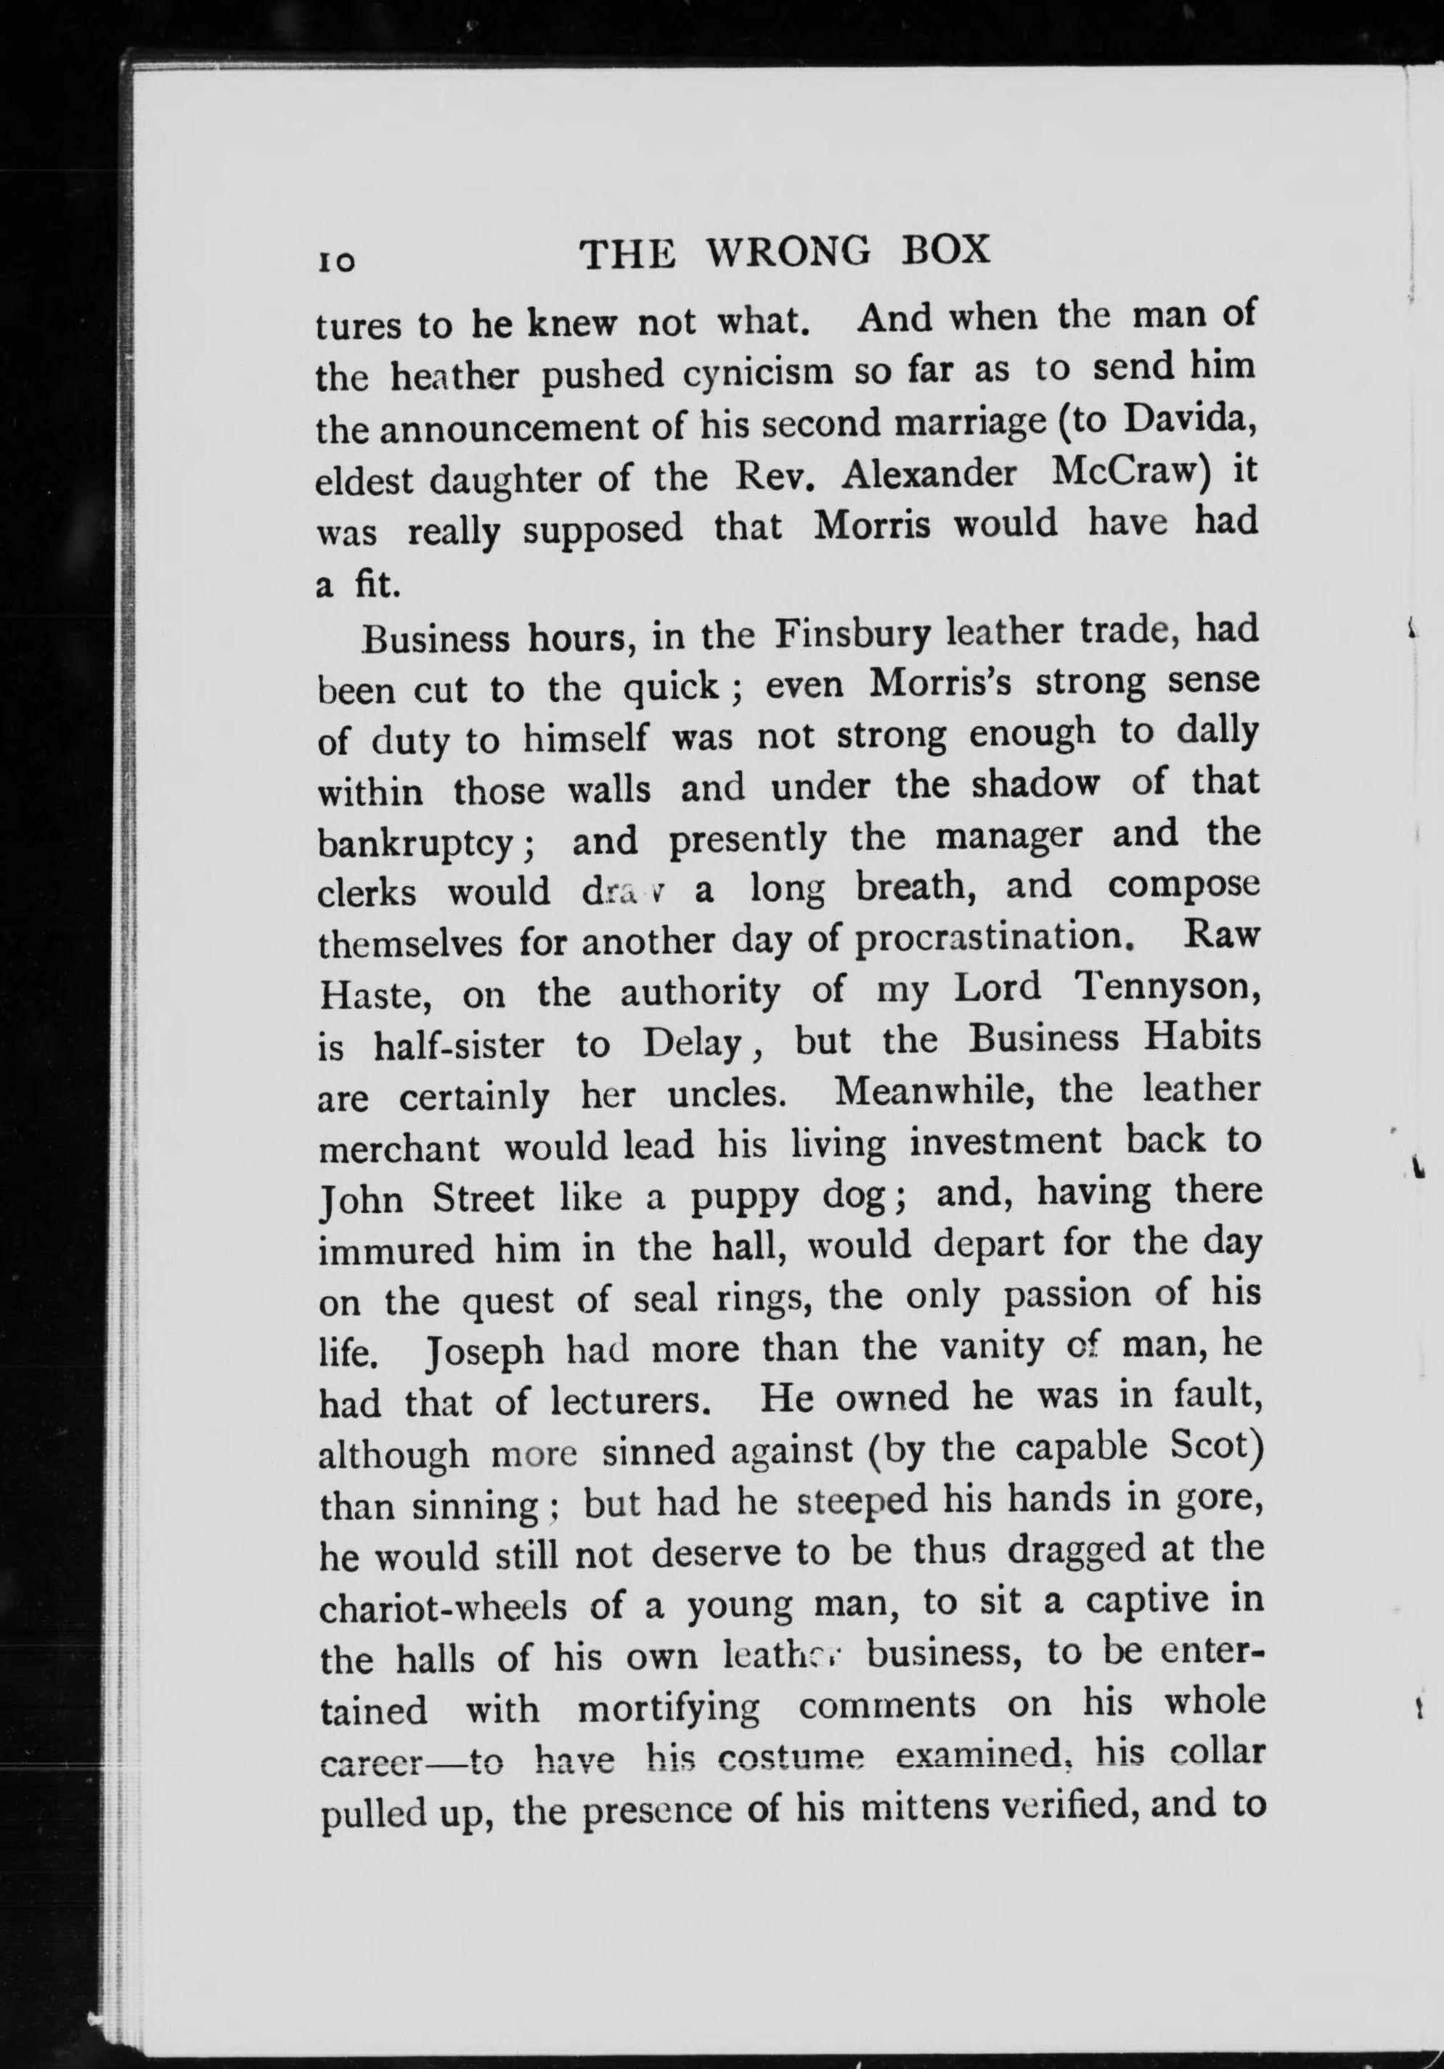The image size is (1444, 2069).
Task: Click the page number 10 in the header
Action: point(336,261)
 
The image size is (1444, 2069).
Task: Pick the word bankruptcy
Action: point(417,843)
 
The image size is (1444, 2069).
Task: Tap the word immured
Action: point(396,1250)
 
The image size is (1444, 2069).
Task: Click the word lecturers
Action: point(633,1402)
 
